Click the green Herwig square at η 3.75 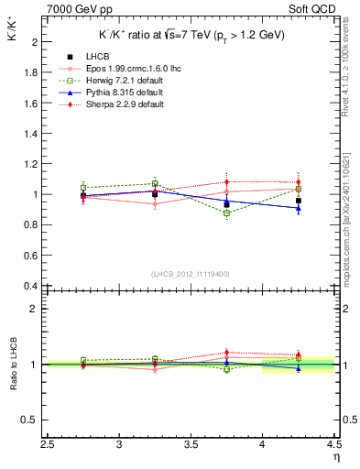[226, 213]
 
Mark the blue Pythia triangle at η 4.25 [298, 208]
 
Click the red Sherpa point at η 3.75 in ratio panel [226, 352]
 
